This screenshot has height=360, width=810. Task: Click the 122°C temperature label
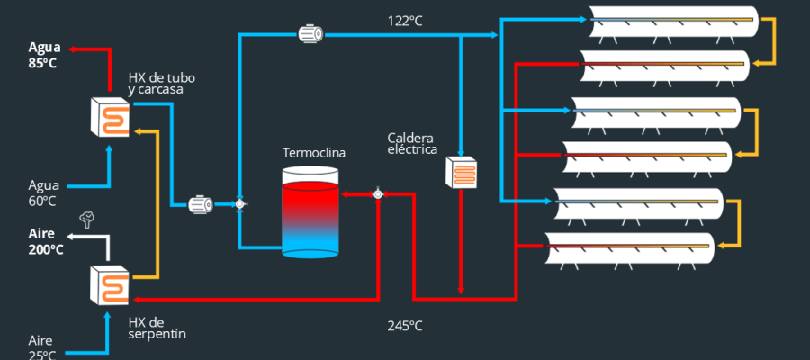point(405,19)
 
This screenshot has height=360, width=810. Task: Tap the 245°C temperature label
point(405,325)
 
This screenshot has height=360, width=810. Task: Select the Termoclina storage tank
point(310,217)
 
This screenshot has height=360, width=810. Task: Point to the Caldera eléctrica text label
point(411,145)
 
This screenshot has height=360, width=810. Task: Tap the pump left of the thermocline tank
point(200,205)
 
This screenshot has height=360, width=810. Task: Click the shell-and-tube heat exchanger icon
point(110,115)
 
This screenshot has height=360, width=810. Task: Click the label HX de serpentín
point(157,328)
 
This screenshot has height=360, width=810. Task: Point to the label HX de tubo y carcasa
point(162,84)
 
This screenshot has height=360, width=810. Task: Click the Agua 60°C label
point(43,194)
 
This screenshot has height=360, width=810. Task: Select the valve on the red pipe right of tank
point(378,193)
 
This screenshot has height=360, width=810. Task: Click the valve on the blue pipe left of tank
point(240,205)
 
